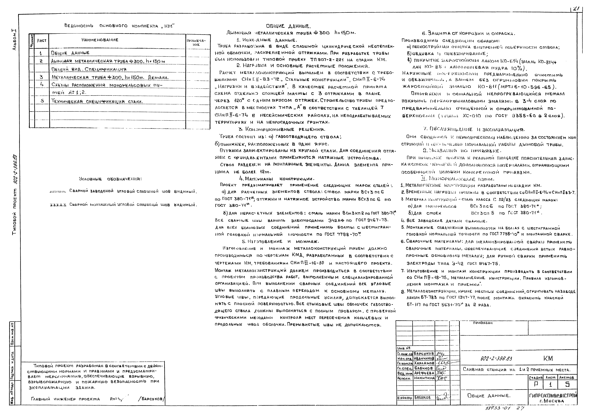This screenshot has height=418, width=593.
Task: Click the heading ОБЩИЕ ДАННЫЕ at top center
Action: (x=289, y=26)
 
